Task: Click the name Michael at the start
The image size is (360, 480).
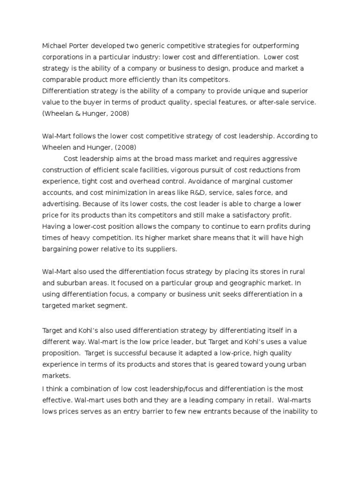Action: pyautogui.click(x=54, y=46)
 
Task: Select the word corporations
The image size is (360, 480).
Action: pyautogui.click(x=63, y=57)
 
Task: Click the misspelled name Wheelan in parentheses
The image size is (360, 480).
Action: pyautogui.click(x=59, y=113)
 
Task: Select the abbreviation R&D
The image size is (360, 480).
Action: pyautogui.click(x=189, y=192)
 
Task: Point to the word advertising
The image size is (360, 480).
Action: pyautogui.click(x=61, y=203)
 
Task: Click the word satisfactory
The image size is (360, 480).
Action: pyautogui.click(x=251, y=215)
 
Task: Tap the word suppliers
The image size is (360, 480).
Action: pyautogui.click(x=160, y=249)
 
